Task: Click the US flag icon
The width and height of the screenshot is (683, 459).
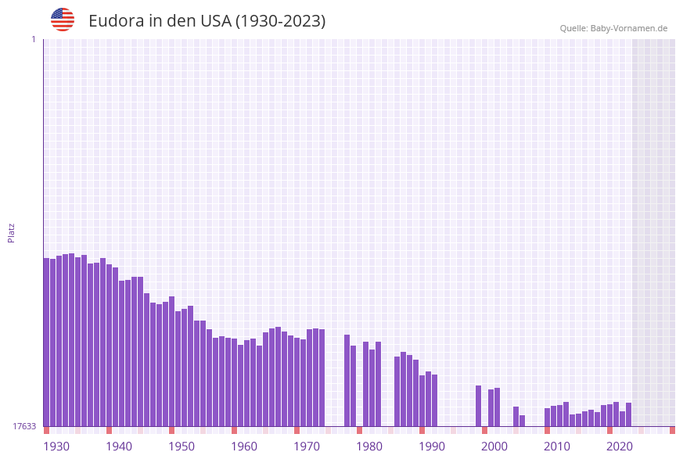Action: point(63,20)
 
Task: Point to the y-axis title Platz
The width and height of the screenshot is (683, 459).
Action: point(12,232)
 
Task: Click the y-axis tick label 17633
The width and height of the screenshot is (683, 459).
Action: point(24,426)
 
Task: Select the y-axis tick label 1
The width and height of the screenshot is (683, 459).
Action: point(33,39)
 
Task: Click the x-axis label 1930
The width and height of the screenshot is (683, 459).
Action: point(56,446)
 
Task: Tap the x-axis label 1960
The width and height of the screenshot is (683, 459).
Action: point(244,446)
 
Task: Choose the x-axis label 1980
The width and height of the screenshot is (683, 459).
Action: point(369,446)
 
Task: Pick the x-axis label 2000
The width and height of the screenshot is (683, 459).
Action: point(494,446)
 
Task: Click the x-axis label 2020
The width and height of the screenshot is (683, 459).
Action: point(620,446)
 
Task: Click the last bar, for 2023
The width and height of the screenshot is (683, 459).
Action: point(628,414)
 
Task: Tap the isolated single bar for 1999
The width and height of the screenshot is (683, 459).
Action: point(478,406)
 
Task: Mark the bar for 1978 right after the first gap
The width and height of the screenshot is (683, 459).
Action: point(347,380)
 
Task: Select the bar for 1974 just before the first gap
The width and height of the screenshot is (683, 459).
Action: point(322,378)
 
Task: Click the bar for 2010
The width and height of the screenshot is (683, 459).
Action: point(547,417)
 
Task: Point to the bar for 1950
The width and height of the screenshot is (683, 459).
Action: point(171,361)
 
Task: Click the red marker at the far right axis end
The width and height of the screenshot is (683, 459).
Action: point(672,430)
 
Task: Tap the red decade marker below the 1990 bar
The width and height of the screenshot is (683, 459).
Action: point(422,430)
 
